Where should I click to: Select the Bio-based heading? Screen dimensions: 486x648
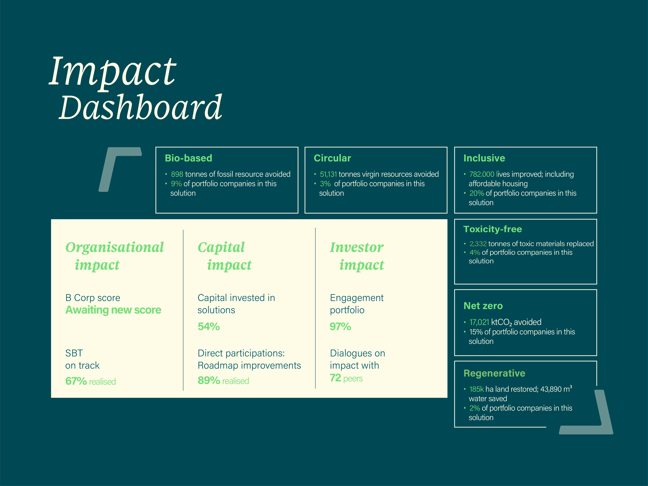(188, 158)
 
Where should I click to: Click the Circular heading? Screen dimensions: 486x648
(332, 158)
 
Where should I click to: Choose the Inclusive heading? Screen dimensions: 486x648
(484, 158)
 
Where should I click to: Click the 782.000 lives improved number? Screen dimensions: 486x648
(482, 174)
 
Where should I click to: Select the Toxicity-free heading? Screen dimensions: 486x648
(492, 229)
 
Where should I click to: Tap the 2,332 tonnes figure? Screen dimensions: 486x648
(478, 244)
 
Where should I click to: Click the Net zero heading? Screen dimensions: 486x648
(483, 306)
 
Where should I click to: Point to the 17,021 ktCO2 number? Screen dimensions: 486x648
(479, 322)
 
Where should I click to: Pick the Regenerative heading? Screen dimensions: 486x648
(494, 373)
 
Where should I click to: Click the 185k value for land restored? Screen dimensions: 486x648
(476, 389)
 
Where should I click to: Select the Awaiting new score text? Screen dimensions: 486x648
(113, 310)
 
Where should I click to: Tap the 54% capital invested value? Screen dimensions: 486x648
(209, 326)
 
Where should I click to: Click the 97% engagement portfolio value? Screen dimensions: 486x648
(340, 326)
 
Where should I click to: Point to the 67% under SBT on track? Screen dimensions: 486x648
(76, 381)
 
